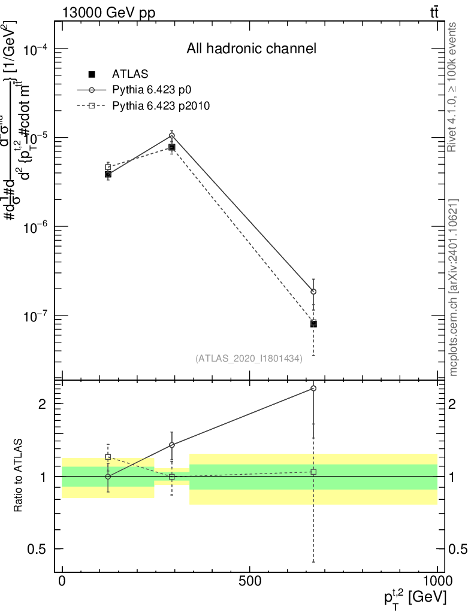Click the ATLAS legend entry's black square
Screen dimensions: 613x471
(92, 74)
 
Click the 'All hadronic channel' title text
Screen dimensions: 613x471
(251, 48)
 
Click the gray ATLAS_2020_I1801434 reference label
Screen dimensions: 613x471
(249, 358)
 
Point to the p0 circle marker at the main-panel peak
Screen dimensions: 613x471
(172, 136)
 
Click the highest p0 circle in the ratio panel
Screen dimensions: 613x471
(313, 389)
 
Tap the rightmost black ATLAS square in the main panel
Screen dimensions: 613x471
(313, 324)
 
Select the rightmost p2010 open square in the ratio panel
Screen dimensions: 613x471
(313, 472)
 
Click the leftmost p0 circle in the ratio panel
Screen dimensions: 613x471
(108, 477)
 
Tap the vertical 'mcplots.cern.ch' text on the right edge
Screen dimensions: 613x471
(454, 287)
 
